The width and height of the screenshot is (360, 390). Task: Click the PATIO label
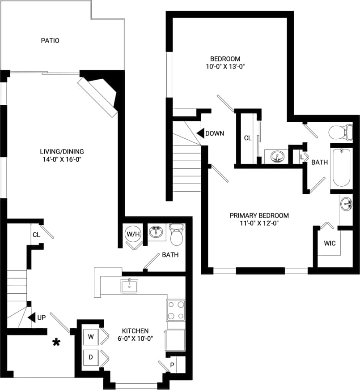[x=50, y=41]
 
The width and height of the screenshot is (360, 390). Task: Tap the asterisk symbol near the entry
[x=56, y=343]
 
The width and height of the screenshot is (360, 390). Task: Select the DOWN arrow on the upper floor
[x=201, y=133]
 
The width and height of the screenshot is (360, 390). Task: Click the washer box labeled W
[x=90, y=336]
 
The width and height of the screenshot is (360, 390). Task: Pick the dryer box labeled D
[x=90, y=357]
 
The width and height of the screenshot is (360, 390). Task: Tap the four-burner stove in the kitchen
[x=176, y=310]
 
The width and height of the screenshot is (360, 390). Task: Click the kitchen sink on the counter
[x=129, y=285]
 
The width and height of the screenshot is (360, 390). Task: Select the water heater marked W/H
[x=132, y=234]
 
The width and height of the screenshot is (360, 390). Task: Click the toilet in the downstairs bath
[x=177, y=235]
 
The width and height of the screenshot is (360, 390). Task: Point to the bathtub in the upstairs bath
[x=341, y=168]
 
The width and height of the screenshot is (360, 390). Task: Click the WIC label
[x=330, y=243]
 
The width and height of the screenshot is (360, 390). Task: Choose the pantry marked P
[x=172, y=365]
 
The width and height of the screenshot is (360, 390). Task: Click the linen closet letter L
[x=302, y=157]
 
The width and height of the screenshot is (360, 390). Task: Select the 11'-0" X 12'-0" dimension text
[x=259, y=223]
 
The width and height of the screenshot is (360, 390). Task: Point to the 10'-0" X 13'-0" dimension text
[x=225, y=66]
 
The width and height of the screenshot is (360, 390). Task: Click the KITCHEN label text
[x=133, y=330]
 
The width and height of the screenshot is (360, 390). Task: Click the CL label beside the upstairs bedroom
[x=248, y=138]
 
